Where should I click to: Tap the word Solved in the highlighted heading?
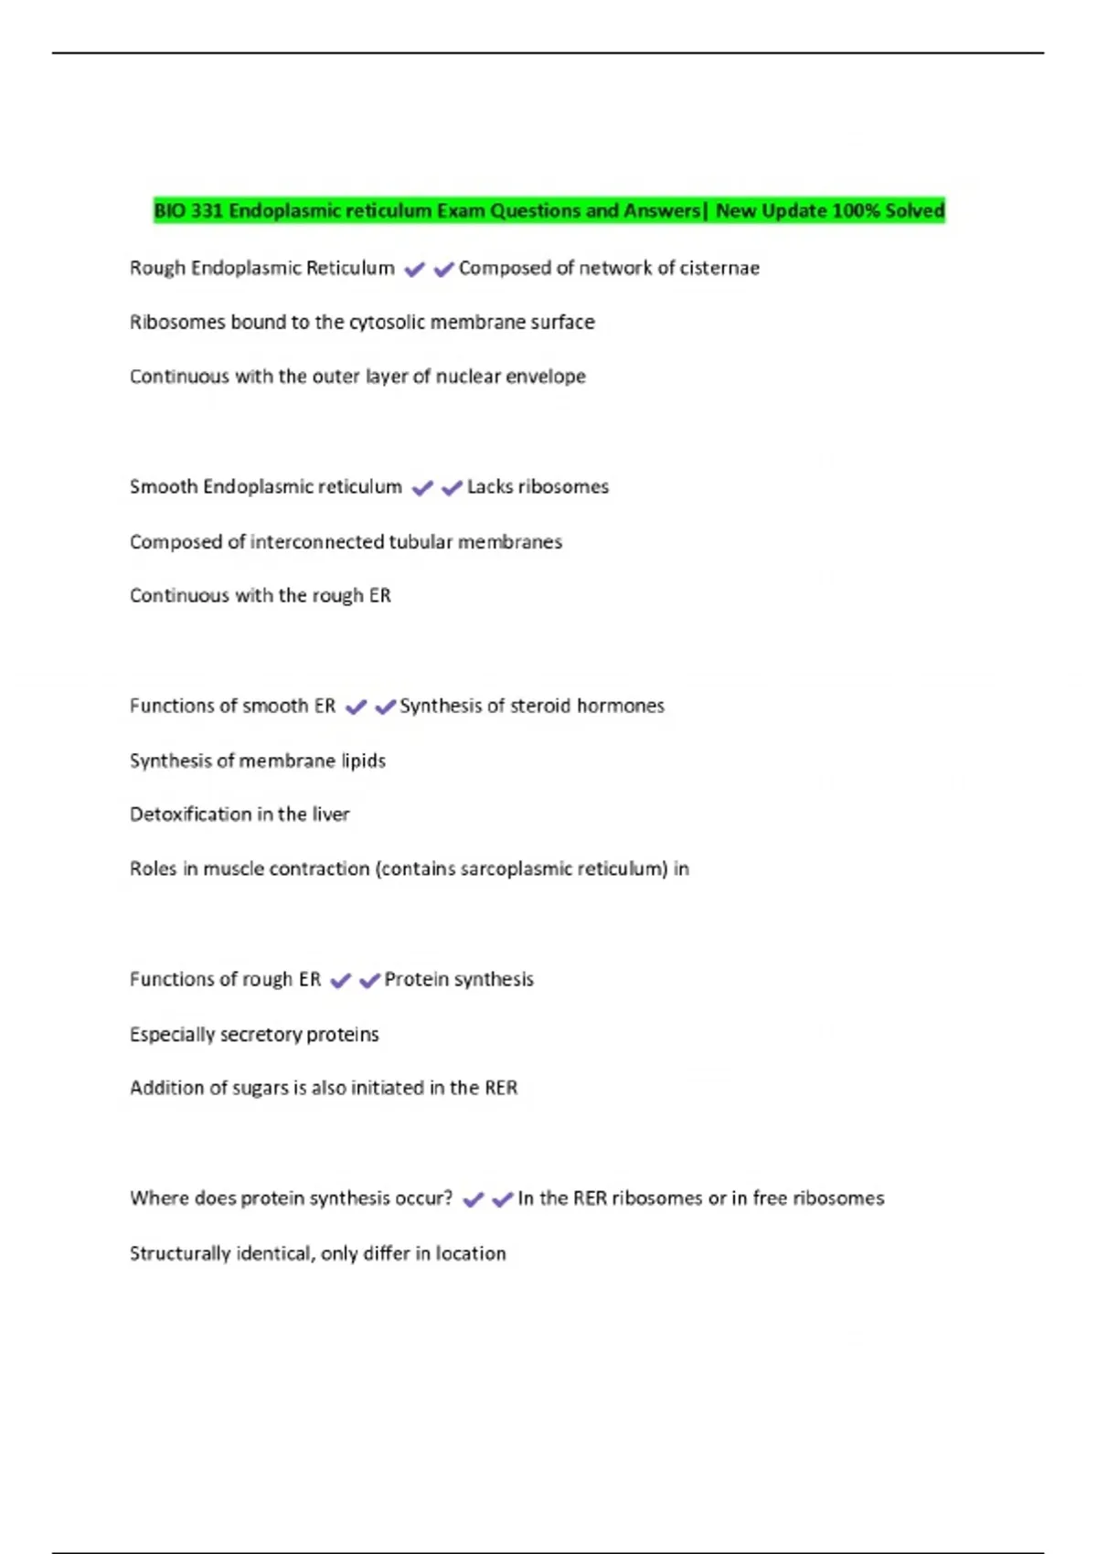(914, 211)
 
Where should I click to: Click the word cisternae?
(719, 268)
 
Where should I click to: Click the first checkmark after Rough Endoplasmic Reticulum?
(414, 270)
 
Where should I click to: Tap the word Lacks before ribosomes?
(489, 487)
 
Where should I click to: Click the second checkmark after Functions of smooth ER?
(385, 707)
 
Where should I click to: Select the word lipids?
(363, 761)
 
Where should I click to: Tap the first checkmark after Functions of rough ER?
(340, 981)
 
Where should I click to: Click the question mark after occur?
(448, 1198)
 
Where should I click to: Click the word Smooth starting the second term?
(163, 487)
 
